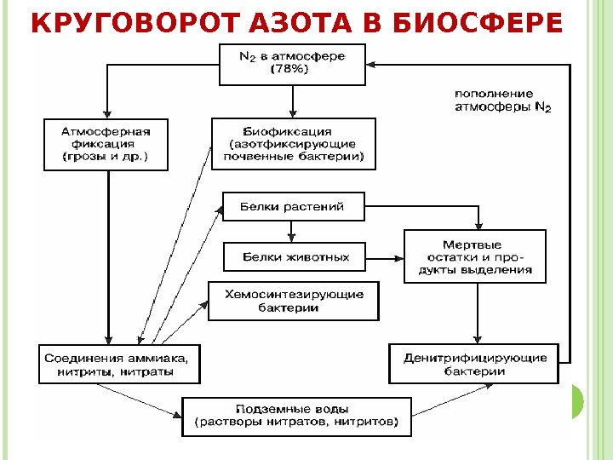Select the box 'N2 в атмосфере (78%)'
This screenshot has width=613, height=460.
[292, 63]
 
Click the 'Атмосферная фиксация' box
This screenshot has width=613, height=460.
[106, 145]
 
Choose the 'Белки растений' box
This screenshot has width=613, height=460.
[293, 206]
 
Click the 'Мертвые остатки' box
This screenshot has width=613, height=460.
[475, 256]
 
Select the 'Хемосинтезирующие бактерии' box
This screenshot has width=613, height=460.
[294, 301]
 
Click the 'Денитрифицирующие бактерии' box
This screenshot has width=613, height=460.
[475, 365]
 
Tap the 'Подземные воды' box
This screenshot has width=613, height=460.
[296, 416]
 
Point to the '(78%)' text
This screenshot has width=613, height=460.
[291, 71]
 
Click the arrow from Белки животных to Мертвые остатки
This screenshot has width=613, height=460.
[384, 256]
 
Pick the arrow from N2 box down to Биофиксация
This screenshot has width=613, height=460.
[293, 101]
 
